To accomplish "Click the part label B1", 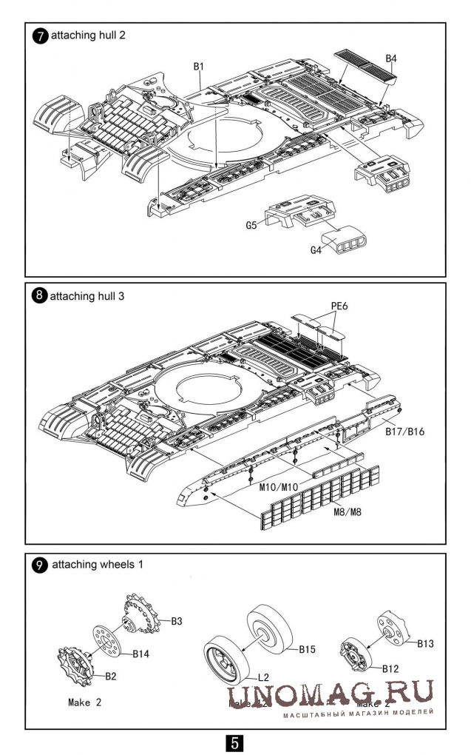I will pos(198,67).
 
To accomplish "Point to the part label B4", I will pos(392,58).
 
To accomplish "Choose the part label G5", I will pos(251,224).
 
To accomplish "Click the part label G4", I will pos(316,250).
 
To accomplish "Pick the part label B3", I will pos(177,621).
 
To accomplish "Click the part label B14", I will pos(141,654).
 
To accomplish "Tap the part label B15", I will pos(307,649).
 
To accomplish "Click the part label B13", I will pos(425,643).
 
